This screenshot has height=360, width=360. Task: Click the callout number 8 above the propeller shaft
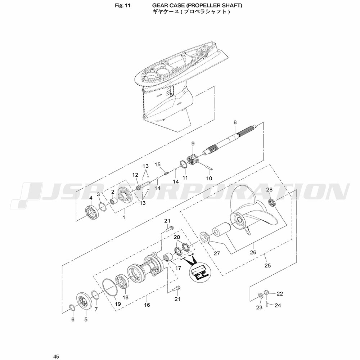pos(235,122)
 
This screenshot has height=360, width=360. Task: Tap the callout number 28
pos(269,189)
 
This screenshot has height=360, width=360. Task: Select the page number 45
pos(56,356)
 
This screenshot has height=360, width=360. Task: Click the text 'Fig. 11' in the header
pos(123,5)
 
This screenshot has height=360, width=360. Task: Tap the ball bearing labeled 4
pos(92,212)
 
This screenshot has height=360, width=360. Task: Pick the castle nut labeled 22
pos(266,293)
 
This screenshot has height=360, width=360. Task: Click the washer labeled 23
pos(261,295)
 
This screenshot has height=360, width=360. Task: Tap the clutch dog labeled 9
pos(194,159)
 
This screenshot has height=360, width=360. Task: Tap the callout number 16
pos(147,305)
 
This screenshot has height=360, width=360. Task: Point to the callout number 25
pos(268,265)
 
